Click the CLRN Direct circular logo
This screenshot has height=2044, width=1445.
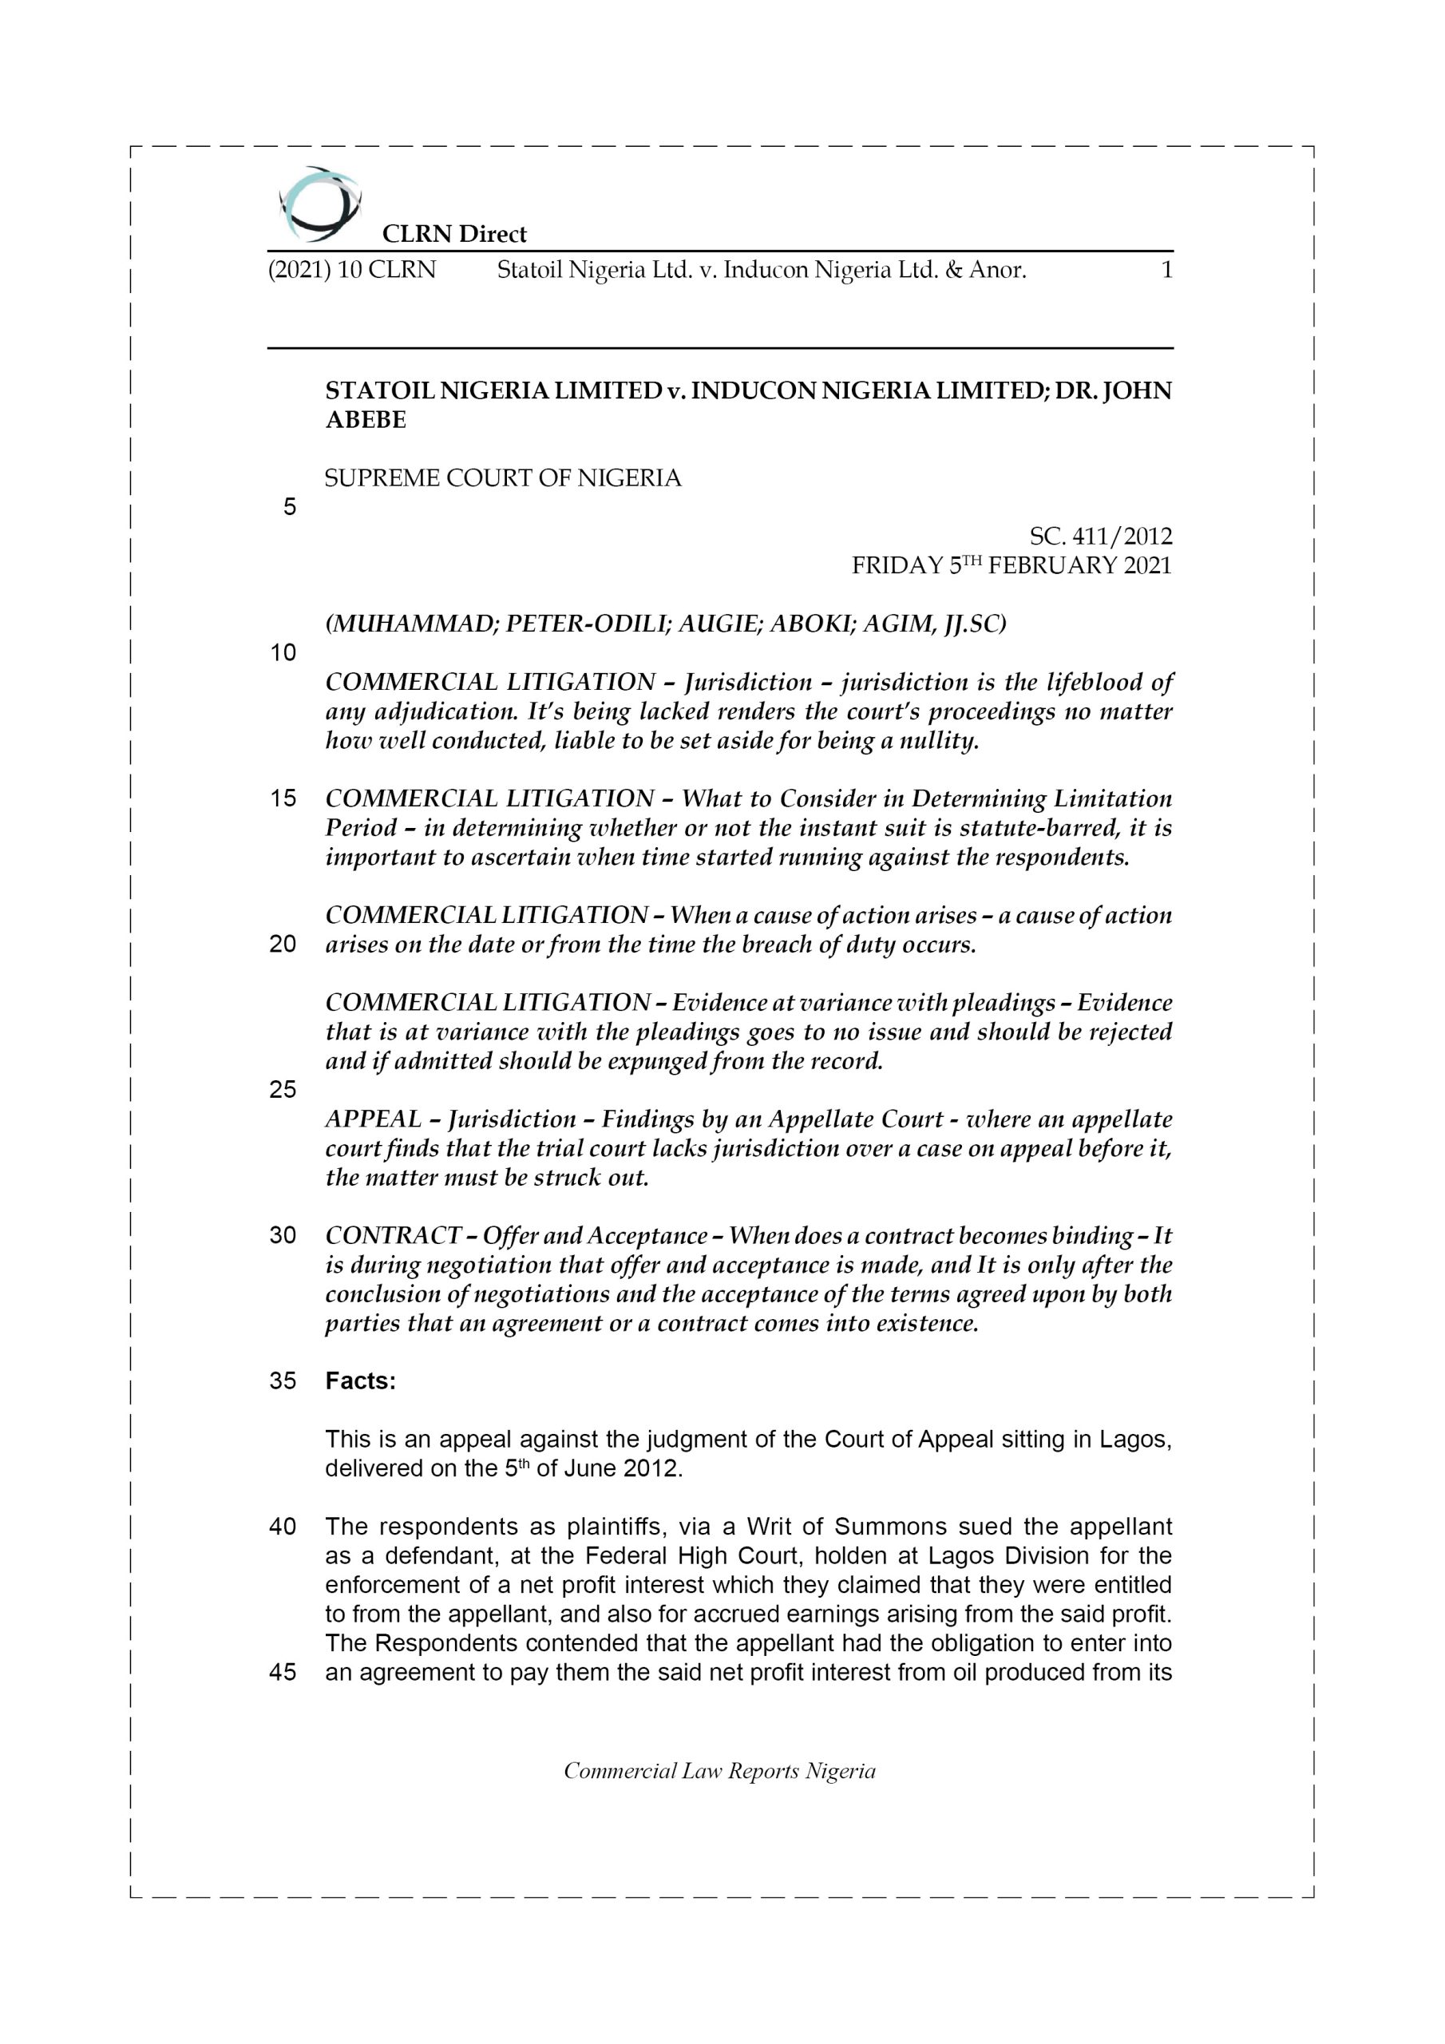coord(319,204)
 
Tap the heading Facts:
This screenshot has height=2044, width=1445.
coord(361,1380)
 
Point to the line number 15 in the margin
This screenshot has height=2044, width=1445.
coord(283,798)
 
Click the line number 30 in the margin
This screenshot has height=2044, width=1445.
coord(283,1236)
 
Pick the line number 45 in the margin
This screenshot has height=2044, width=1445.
coord(283,1673)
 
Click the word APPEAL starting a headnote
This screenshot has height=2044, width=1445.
coord(373,1119)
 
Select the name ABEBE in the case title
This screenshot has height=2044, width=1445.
coord(366,420)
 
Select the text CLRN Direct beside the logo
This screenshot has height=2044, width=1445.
coord(454,234)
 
